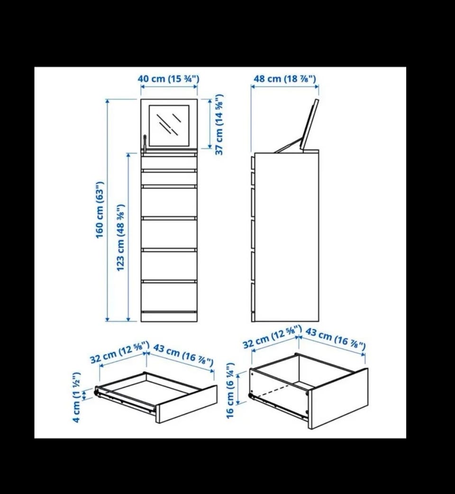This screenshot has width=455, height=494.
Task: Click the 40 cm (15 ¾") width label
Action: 168,79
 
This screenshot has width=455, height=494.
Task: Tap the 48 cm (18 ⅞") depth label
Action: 285,79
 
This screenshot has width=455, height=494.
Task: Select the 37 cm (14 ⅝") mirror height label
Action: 219,125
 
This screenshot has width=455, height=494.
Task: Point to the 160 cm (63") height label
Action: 100,210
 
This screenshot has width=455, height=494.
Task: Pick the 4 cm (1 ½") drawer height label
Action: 77,397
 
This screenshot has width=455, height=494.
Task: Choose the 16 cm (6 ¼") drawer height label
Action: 230,391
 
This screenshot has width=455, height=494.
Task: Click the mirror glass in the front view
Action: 169,126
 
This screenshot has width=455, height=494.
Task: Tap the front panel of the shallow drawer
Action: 187,404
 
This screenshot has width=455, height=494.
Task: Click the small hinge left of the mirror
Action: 145,144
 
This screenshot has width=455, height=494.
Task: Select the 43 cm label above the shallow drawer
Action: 183,355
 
